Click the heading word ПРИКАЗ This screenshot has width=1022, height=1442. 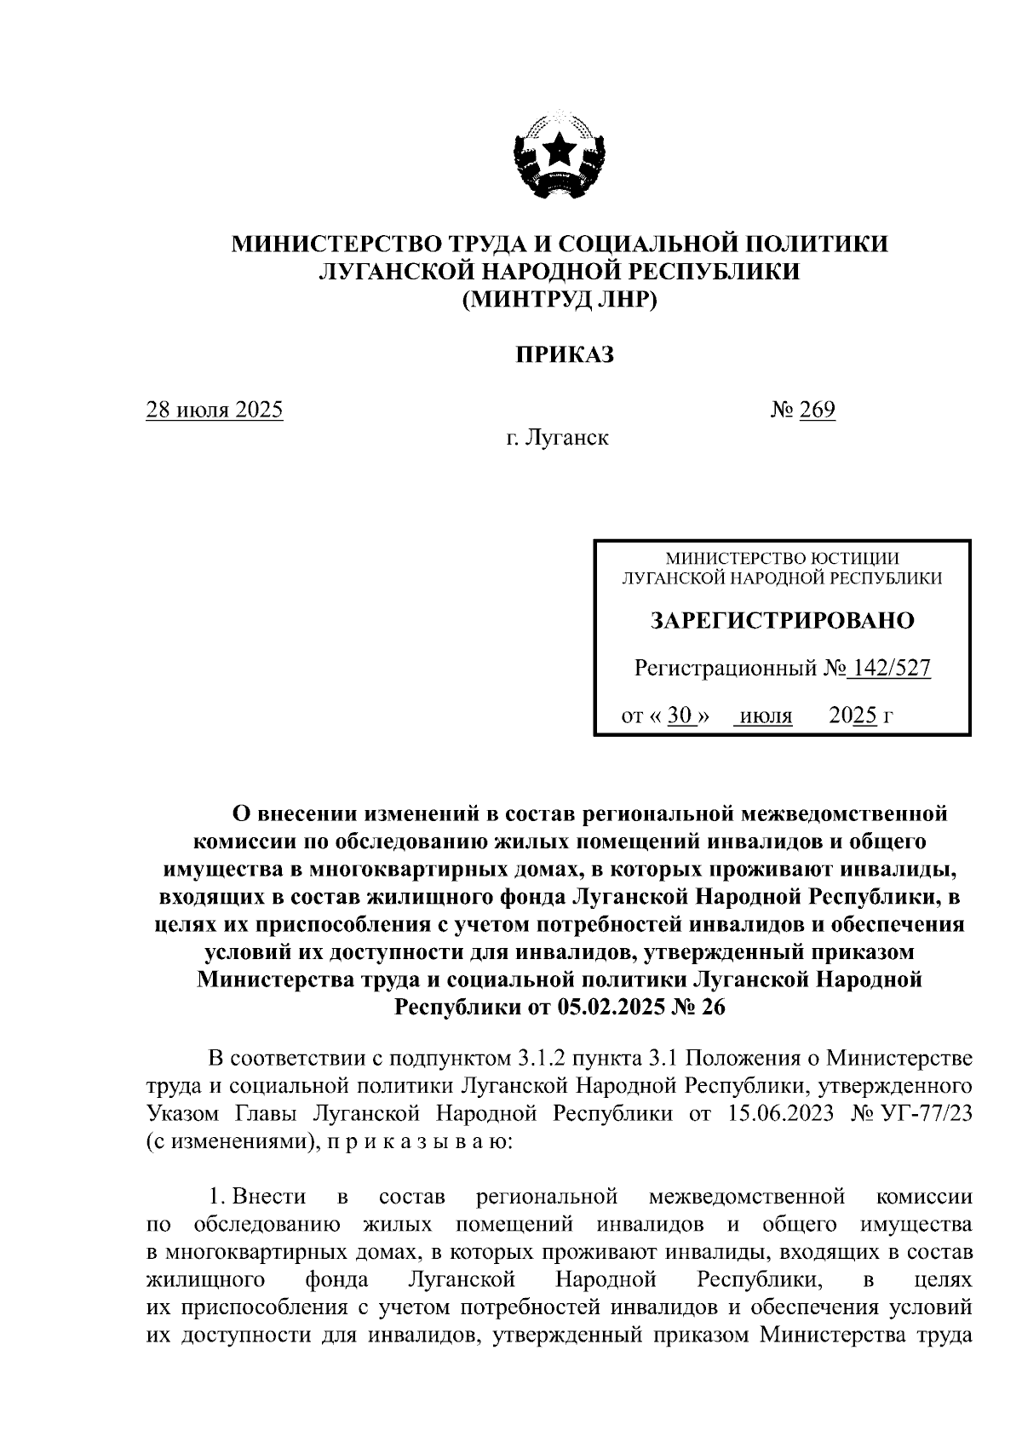click(x=563, y=355)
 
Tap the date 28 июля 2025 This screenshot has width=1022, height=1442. click(x=215, y=411)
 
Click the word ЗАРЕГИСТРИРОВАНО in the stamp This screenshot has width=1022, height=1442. click(x=782, y=621)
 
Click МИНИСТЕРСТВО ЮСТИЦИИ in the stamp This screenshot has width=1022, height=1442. click(x=782, y=559)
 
